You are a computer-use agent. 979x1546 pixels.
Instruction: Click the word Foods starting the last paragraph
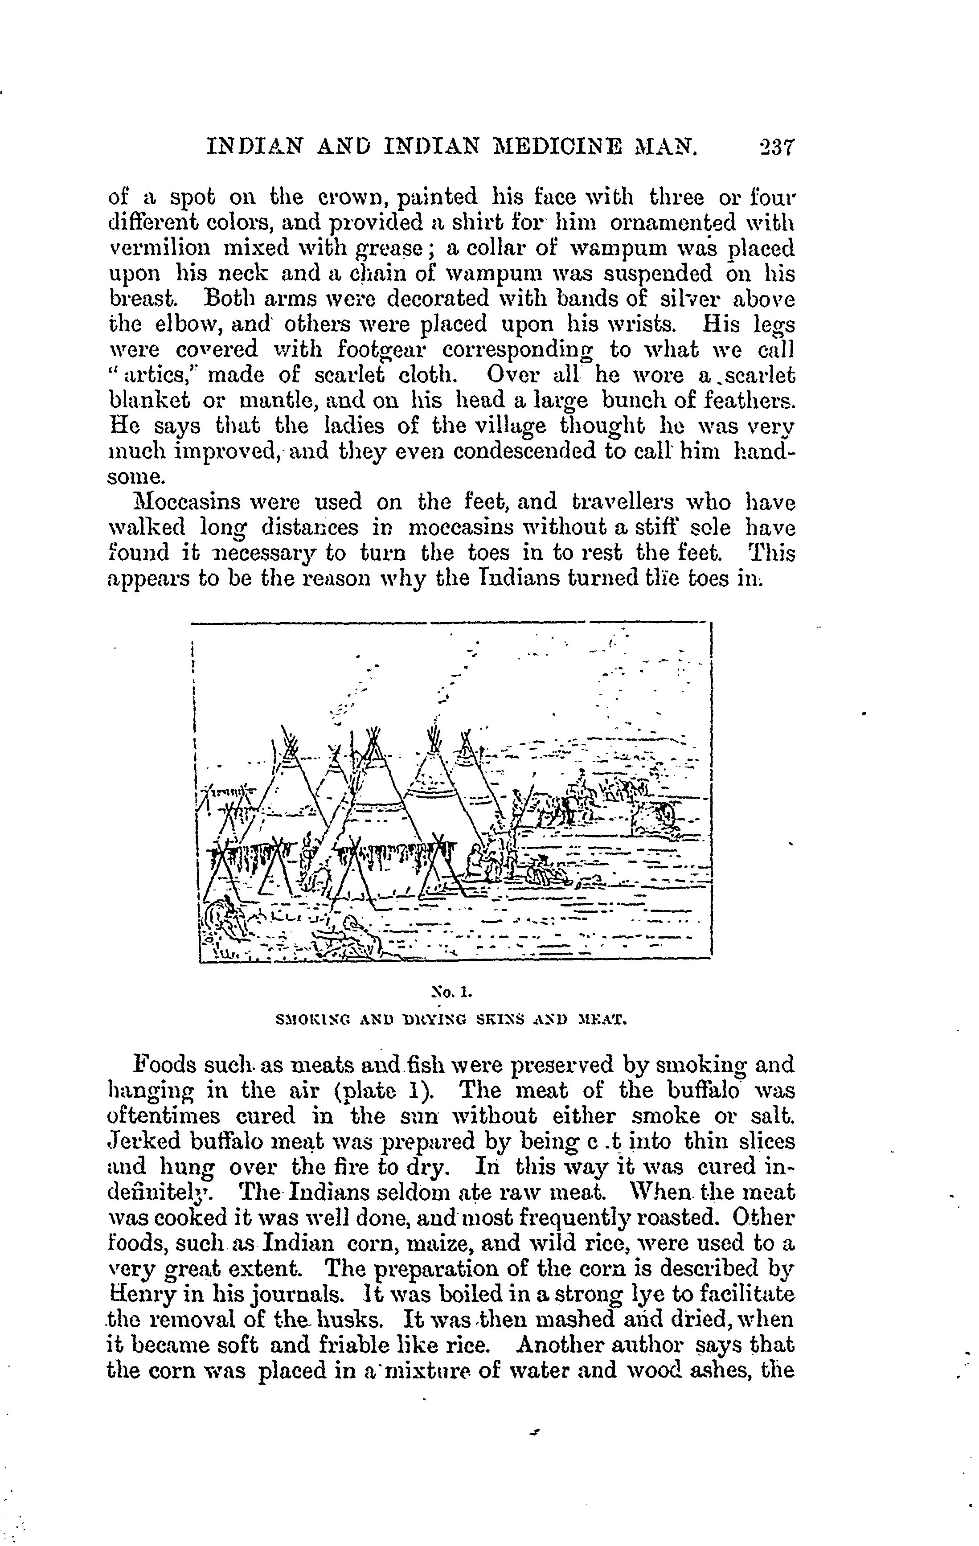[164, 1065]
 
